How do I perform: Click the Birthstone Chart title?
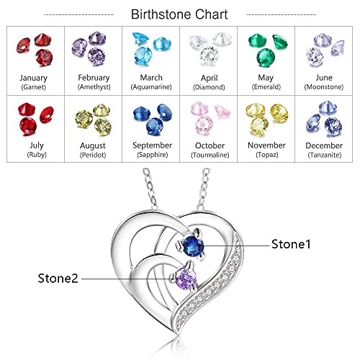pos(179,14)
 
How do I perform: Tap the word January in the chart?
pos(33,78)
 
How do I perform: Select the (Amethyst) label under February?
pos(94,87)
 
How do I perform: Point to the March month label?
pos(151,78)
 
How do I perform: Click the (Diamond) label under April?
pos(209,87)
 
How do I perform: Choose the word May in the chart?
pos(266,78)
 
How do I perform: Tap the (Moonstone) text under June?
pos(324,87)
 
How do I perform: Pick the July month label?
pos(37,145)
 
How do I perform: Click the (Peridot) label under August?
pos(93,155)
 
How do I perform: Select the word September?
pos(152,145)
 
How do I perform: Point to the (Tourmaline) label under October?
pos(210,155)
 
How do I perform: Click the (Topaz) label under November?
pos(267,155)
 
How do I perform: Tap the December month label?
pos(324,145)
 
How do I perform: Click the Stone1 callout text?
pos(291,244)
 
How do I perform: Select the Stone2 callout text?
pos(58,279)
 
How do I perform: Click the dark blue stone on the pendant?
pos(193,246)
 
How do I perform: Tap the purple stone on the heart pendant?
pos(186,279)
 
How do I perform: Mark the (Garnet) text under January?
pos(33,87)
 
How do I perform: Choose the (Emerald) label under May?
pos(266,87)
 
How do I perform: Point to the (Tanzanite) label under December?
pos(325,155)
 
